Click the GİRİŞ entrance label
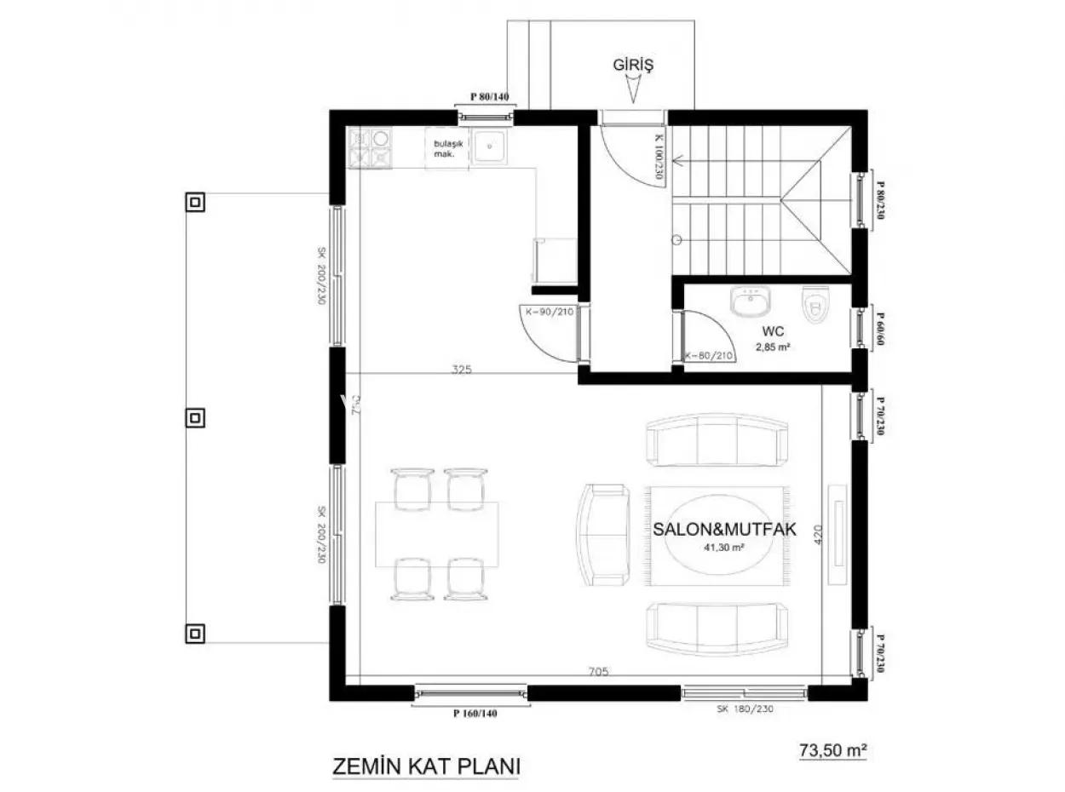(632, 64)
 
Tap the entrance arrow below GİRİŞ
(633, 89)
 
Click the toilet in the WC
(815, 306)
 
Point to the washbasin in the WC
(751, 301)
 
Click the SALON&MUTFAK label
(724, 529)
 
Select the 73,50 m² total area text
(832, 750)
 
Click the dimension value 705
(598, 672)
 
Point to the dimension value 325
(462, 370)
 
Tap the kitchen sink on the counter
(490, 146)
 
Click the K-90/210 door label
(548, 313)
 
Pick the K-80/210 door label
(708, 355)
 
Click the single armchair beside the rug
(603, 534)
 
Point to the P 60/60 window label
(881, 327)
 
